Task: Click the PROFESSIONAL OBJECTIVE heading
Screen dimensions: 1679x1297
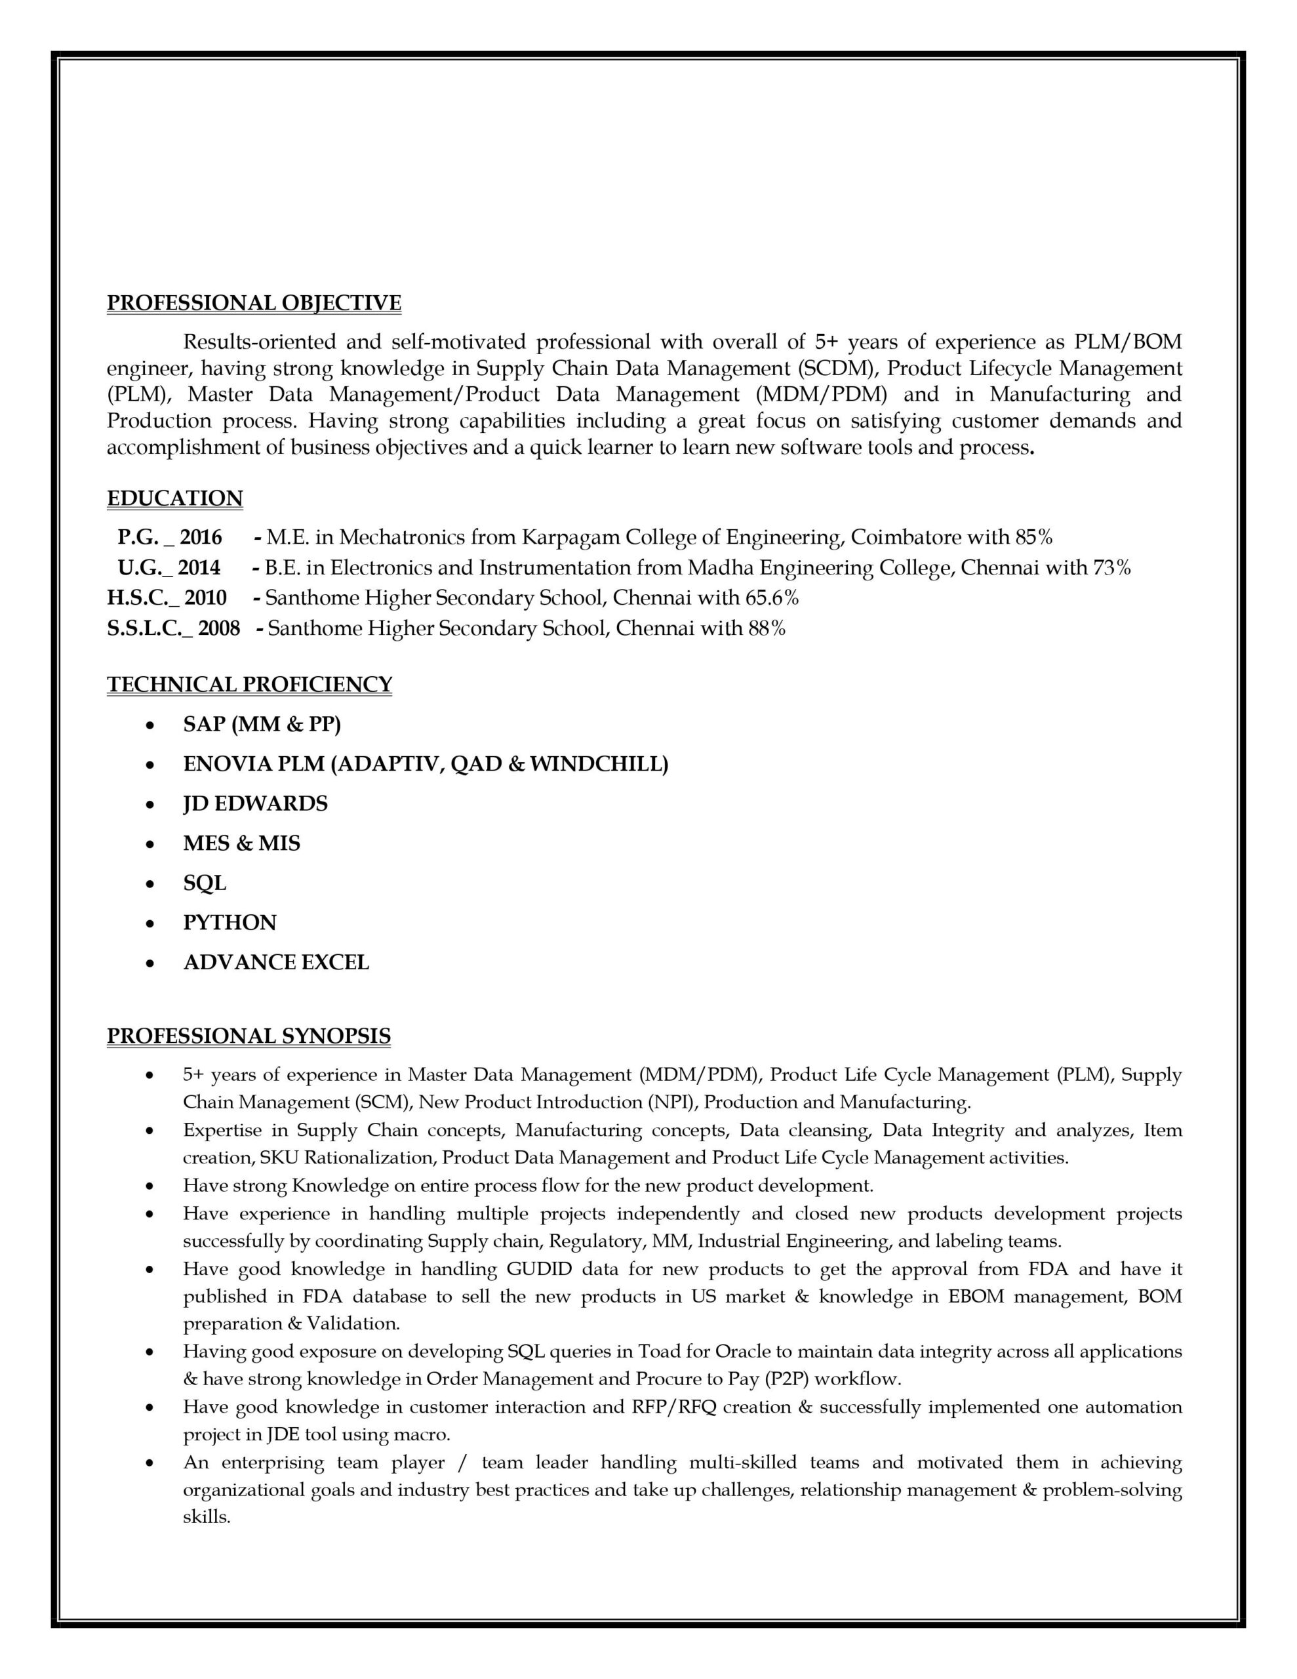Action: pos(254,303)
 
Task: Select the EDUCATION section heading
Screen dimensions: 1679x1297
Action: pos(174,498)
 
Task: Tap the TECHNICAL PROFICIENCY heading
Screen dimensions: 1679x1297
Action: pos(249,684)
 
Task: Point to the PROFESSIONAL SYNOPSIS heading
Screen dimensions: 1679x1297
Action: pos(249,1036)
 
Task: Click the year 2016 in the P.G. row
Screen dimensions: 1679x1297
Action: pos(201,536)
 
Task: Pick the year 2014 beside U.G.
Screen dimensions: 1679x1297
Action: pos(199,567)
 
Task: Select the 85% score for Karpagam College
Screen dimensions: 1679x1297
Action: pos(1033,536)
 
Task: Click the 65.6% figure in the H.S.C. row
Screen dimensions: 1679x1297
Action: pos(772,597)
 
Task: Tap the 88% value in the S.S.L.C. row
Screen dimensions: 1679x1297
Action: pos(767,628)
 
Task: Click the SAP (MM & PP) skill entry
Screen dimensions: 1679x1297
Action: pos(262,724)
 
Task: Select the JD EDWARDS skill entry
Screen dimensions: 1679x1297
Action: pos(255,803)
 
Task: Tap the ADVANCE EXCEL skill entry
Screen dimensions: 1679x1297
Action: pos(276,963)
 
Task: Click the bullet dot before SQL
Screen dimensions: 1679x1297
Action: pos(151,885)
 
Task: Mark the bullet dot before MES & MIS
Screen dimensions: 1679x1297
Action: pos(151,845)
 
